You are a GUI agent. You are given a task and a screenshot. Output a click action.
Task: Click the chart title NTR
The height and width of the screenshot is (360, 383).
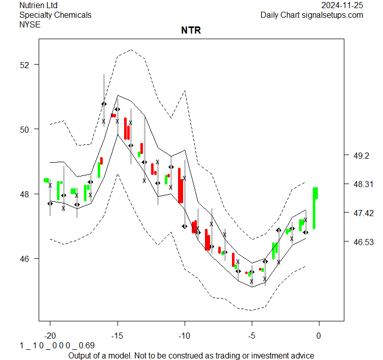tap(191, 31)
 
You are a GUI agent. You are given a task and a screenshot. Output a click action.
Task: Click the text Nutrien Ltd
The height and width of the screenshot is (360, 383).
tap(38, 5)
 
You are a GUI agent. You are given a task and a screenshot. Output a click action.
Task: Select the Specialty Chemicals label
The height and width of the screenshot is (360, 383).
tap(55, 15)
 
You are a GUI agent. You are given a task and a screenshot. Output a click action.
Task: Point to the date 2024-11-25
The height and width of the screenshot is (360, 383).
tap(342, 5)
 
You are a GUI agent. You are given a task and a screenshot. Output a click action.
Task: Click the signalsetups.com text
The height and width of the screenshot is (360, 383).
tap(333, 15)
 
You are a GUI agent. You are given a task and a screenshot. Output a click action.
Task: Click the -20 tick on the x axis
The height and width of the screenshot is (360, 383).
tap(50, 336)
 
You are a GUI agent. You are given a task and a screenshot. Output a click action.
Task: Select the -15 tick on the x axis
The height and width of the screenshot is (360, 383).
tap(117, 336)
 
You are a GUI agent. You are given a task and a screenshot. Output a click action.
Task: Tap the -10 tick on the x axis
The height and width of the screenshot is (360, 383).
tap(184, 336)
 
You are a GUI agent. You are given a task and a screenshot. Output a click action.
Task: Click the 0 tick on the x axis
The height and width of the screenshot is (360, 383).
tap(319, 336)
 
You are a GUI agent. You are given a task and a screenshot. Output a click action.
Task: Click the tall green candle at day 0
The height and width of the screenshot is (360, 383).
tap(315, 207)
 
